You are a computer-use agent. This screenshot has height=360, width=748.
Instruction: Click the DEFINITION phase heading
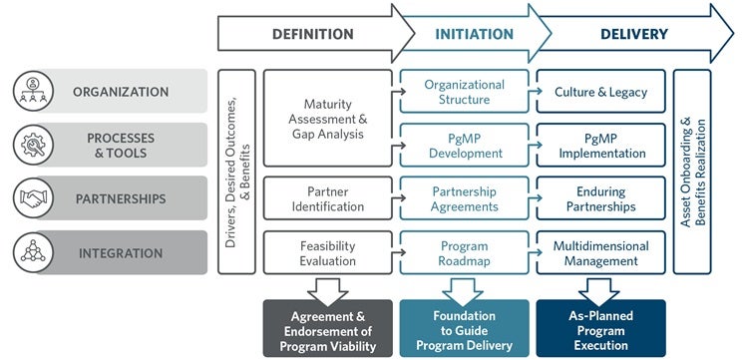pos(312,34)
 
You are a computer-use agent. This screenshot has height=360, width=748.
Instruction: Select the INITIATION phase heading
pos(474,34)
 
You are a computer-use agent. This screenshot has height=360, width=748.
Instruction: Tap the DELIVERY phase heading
pos(633,34)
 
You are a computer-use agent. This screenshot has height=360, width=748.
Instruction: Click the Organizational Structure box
pos(464,92)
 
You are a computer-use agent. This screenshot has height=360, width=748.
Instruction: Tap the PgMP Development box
pos(464,146)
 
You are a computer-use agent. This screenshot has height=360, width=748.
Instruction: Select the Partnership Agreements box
pos(464,198)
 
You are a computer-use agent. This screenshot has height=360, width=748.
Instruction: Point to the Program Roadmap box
pos(464,253)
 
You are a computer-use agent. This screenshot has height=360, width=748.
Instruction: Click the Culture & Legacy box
pos(600,92)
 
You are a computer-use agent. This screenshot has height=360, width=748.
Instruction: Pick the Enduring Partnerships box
pos(600,198)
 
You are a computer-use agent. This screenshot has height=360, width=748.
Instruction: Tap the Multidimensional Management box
pos(600,253)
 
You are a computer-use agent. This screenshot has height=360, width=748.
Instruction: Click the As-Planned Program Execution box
pos(600,328)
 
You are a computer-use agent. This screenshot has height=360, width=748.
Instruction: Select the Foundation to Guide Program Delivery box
pos(464,328)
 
